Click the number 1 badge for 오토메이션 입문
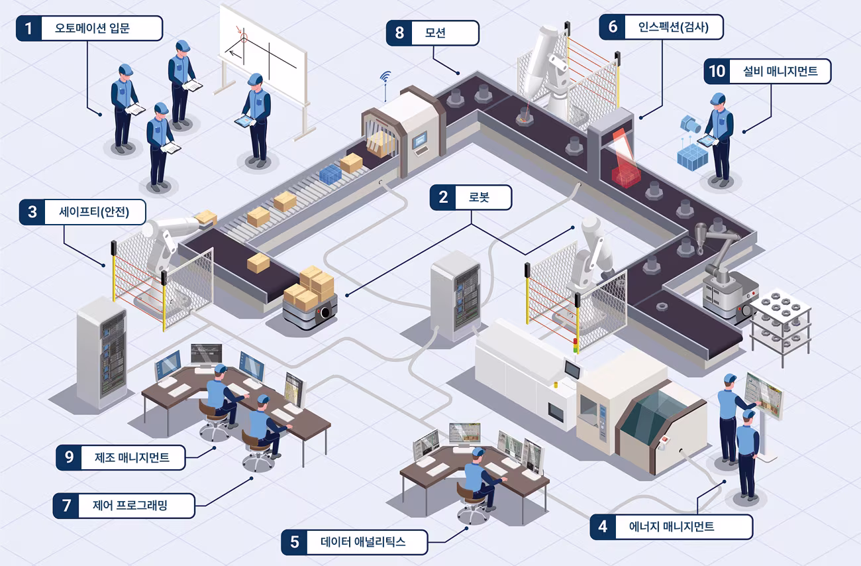[28, 28]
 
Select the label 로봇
[479, 198]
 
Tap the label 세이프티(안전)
[94, 212]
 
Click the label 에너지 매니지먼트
[671, 526]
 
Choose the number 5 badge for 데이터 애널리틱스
[295, 542]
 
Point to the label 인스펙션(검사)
[674, 27]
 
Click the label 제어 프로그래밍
[130, 505]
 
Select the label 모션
[435, 32]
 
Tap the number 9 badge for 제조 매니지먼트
[69, 457]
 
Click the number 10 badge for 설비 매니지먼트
[717, 71]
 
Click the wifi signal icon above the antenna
[385, 76]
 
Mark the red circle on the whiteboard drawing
[244, 38]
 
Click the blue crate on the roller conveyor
[330, 174]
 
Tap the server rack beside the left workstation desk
[102, 354]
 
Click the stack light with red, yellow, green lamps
[575, 345]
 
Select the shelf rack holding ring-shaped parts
[781, 327]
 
